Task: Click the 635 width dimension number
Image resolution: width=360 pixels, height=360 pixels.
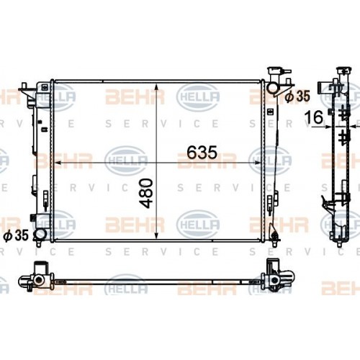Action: pos(202,153)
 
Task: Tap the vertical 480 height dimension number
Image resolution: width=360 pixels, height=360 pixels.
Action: pos(146,193)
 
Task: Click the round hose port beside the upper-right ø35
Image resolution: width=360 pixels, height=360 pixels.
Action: pos(274,88)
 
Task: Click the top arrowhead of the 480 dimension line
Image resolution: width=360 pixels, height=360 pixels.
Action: pos(156,82)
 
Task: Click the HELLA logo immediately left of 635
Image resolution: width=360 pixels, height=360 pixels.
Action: pos(125,160)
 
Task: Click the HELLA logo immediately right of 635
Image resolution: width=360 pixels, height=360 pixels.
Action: pos(270,160)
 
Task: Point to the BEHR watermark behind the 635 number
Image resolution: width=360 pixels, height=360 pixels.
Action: pos(207,160)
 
